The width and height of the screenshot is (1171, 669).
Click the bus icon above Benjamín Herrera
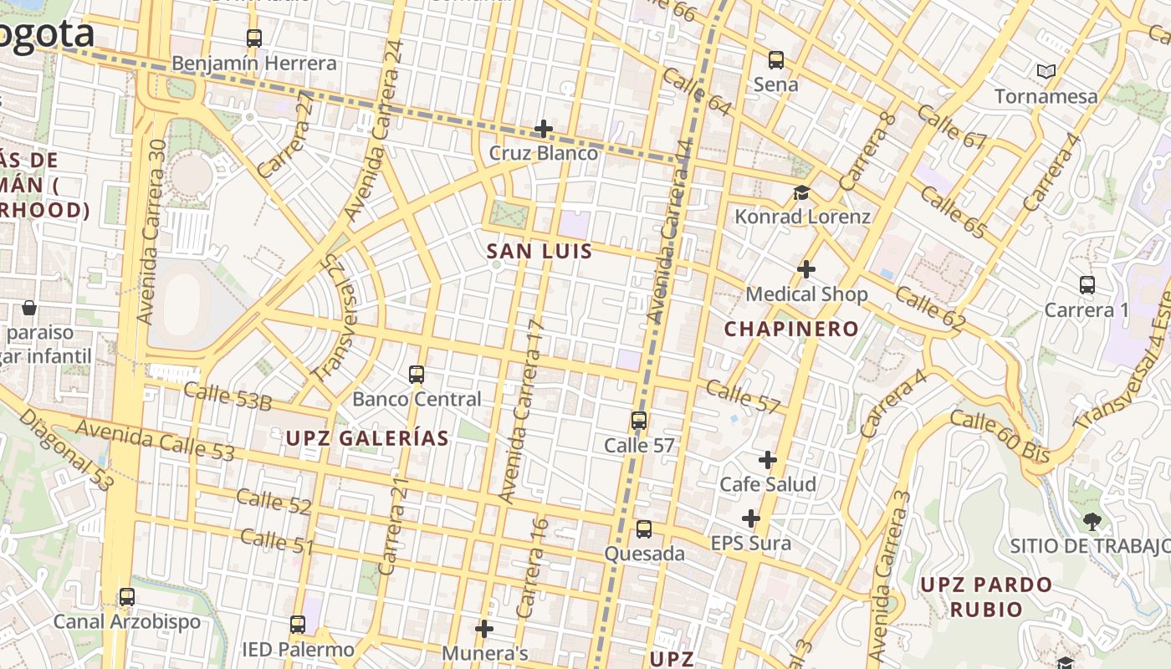[253, 38]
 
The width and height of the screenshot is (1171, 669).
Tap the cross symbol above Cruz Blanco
[544, 129]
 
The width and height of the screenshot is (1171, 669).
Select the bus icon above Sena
[776, 60]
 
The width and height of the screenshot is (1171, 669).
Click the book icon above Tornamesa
[1046, 72]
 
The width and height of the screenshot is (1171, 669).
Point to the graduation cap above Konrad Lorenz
[801, 193]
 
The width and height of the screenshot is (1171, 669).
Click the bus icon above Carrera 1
[1087, 285]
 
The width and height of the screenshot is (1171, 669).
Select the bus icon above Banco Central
[417, 375]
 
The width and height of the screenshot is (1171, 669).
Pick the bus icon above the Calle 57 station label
[639, 421]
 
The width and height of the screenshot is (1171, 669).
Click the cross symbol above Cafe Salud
[768, 460]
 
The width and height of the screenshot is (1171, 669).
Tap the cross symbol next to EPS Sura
[751, 519]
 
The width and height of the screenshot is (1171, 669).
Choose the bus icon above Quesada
[643, 529]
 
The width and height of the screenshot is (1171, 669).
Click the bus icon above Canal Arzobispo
[127, 597]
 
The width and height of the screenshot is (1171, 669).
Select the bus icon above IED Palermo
[298, 625]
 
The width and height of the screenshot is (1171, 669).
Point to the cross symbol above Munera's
[484, 629]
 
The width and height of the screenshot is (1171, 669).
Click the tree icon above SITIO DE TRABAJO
[1092, 522]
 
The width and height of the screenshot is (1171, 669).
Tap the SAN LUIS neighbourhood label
[539, 252]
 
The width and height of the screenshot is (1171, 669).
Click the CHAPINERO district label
[791, 329]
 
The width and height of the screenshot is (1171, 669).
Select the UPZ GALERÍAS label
[367, 438]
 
